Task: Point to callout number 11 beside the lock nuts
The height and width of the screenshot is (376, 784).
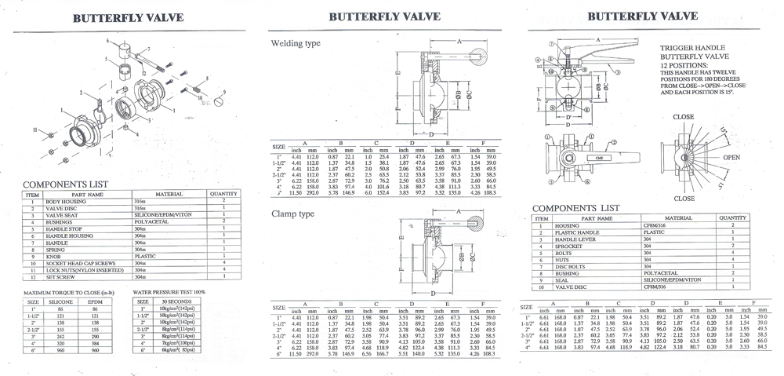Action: coord(34,128)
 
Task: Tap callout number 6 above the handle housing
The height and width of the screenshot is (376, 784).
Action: coord(107,39)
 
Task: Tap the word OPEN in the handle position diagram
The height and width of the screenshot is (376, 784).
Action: coord(731,157)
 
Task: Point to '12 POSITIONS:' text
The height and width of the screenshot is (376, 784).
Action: coord(684,65)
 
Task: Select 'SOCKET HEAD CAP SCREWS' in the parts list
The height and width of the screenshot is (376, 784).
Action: coord(87,263)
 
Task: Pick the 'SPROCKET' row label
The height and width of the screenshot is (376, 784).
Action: coord(568,246)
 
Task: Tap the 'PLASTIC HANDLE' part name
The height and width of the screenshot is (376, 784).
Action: coord(579,233)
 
